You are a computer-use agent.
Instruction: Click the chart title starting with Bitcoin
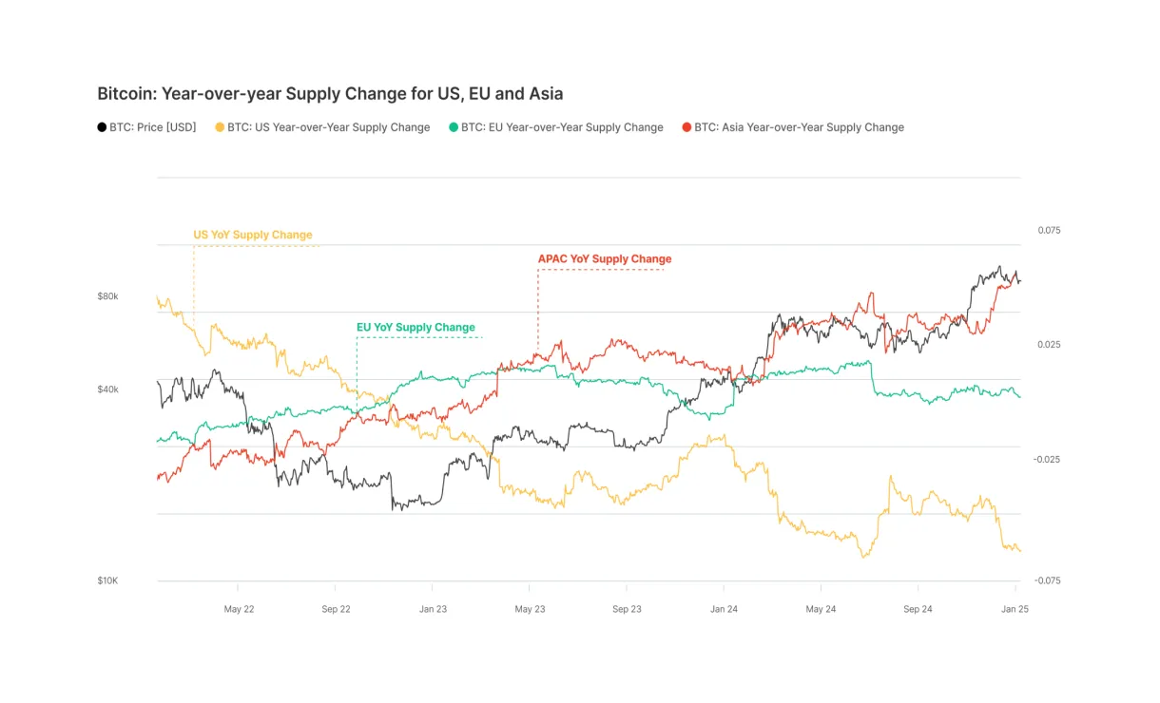click(330, 94)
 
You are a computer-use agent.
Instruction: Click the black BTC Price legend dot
click(102, 127)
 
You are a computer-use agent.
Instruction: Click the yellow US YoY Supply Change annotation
click(253, 235)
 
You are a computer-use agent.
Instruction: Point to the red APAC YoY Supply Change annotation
click(605, 258)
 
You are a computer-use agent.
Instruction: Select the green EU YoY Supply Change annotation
click(416, 327)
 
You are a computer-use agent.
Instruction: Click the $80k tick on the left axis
click(107, 296)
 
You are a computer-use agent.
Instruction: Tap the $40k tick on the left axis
click(107, 389)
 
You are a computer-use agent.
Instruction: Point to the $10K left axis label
click(107, 580)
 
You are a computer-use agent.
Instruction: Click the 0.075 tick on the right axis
click(1049, 230)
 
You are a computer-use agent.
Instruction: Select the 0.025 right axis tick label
click(1049, 344)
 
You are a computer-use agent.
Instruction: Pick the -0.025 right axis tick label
click(1047, 459)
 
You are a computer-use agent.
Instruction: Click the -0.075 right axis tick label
click(1047, 580)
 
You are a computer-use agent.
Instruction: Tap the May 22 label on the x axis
click(239, 609)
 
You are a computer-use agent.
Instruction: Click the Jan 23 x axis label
click(433, 609)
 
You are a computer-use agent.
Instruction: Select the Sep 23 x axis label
click(627, 609)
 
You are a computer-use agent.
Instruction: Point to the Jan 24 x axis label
click(724, 609)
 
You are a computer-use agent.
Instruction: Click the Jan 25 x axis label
click(1015, 609)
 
